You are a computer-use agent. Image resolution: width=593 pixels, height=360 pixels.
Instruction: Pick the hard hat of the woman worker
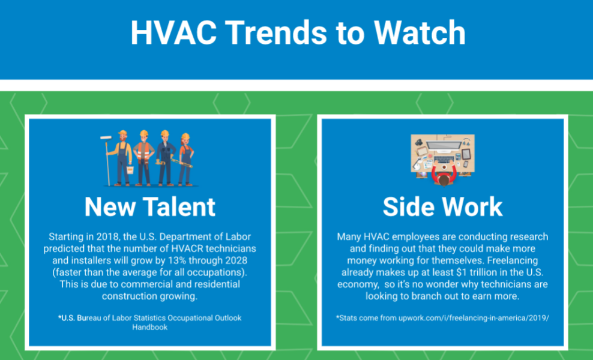[x=185, y=136]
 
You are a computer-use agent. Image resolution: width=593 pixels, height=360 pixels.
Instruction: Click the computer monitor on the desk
[x=444, y=145]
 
